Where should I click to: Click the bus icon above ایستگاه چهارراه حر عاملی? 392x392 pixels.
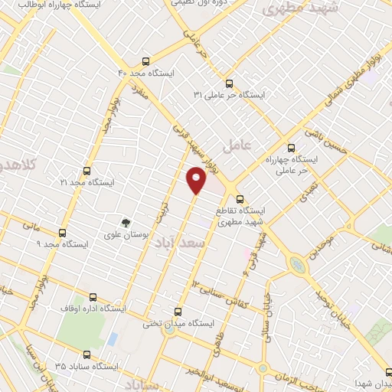pos(290,148)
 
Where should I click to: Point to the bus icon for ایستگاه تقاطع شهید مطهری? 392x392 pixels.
pos(240,198)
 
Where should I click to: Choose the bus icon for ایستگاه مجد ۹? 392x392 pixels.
pos(62,233)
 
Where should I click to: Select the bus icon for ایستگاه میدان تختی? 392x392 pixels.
pos(179,312)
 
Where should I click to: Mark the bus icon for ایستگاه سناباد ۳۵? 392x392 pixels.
pos(86,354)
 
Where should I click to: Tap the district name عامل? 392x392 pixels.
pos(236,144)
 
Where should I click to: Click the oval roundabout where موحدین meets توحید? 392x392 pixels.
pos(296,265)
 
